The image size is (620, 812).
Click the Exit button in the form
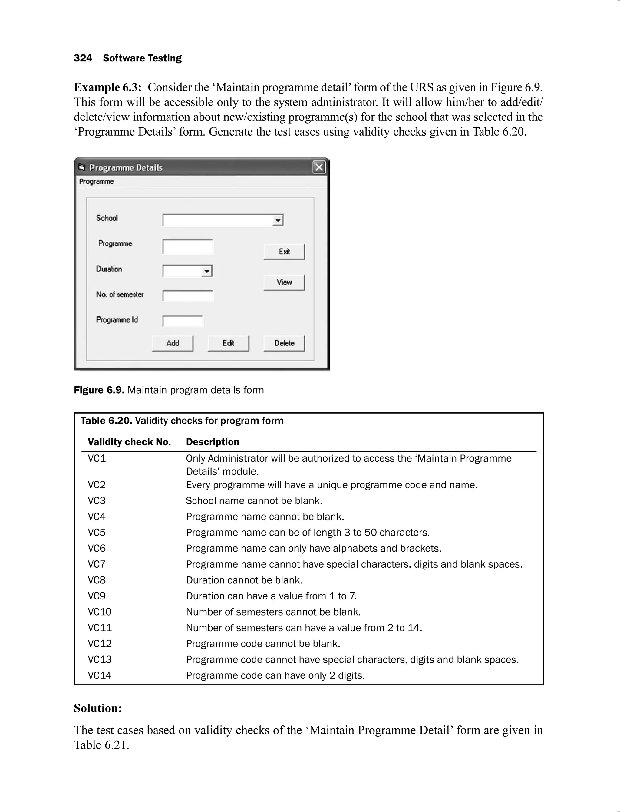click(284, 252)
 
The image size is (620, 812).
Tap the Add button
click(172, 343)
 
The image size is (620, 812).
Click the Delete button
click(284, 343)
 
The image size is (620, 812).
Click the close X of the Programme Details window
click(319, 167)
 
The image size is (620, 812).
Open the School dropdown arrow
click(278, 220)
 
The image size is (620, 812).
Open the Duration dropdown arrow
click(207, 271)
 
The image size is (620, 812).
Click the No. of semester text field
click(188, 295)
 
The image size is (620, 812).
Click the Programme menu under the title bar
click(96, 182)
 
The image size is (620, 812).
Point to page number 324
click(83, 58)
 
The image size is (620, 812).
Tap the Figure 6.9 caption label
click(99, 390)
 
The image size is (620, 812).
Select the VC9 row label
click(97, 596)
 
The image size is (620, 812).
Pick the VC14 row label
click(99, 675)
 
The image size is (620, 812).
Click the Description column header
click(213, 442)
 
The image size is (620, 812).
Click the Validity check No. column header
click(129, 442)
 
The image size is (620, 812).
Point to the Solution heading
click(98, 708)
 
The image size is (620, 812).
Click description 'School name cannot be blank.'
click(254, 501)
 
